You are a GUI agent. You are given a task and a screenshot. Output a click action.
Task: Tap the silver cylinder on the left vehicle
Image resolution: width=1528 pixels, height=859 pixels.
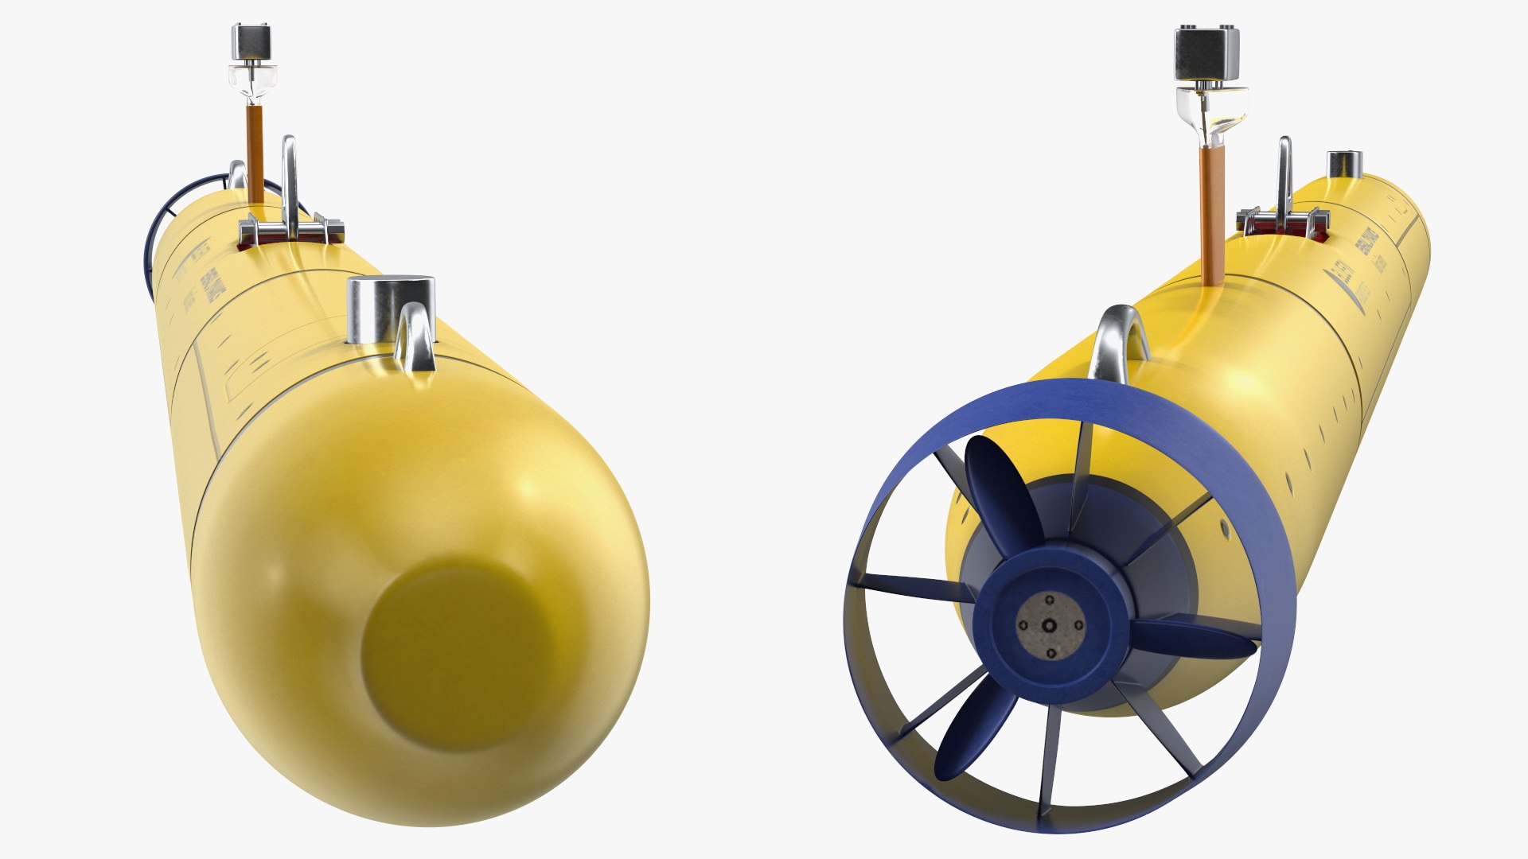point(391,309)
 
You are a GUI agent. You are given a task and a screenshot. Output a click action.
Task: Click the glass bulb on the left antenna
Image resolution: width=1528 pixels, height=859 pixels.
point(254,80)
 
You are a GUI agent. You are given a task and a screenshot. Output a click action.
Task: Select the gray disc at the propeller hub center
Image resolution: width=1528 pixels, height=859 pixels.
point(1050,625)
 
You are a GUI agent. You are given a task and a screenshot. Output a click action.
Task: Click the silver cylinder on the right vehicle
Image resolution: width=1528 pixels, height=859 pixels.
point(1344,165)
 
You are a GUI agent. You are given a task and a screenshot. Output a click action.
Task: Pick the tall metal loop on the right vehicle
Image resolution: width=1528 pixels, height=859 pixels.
point(1284,175)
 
